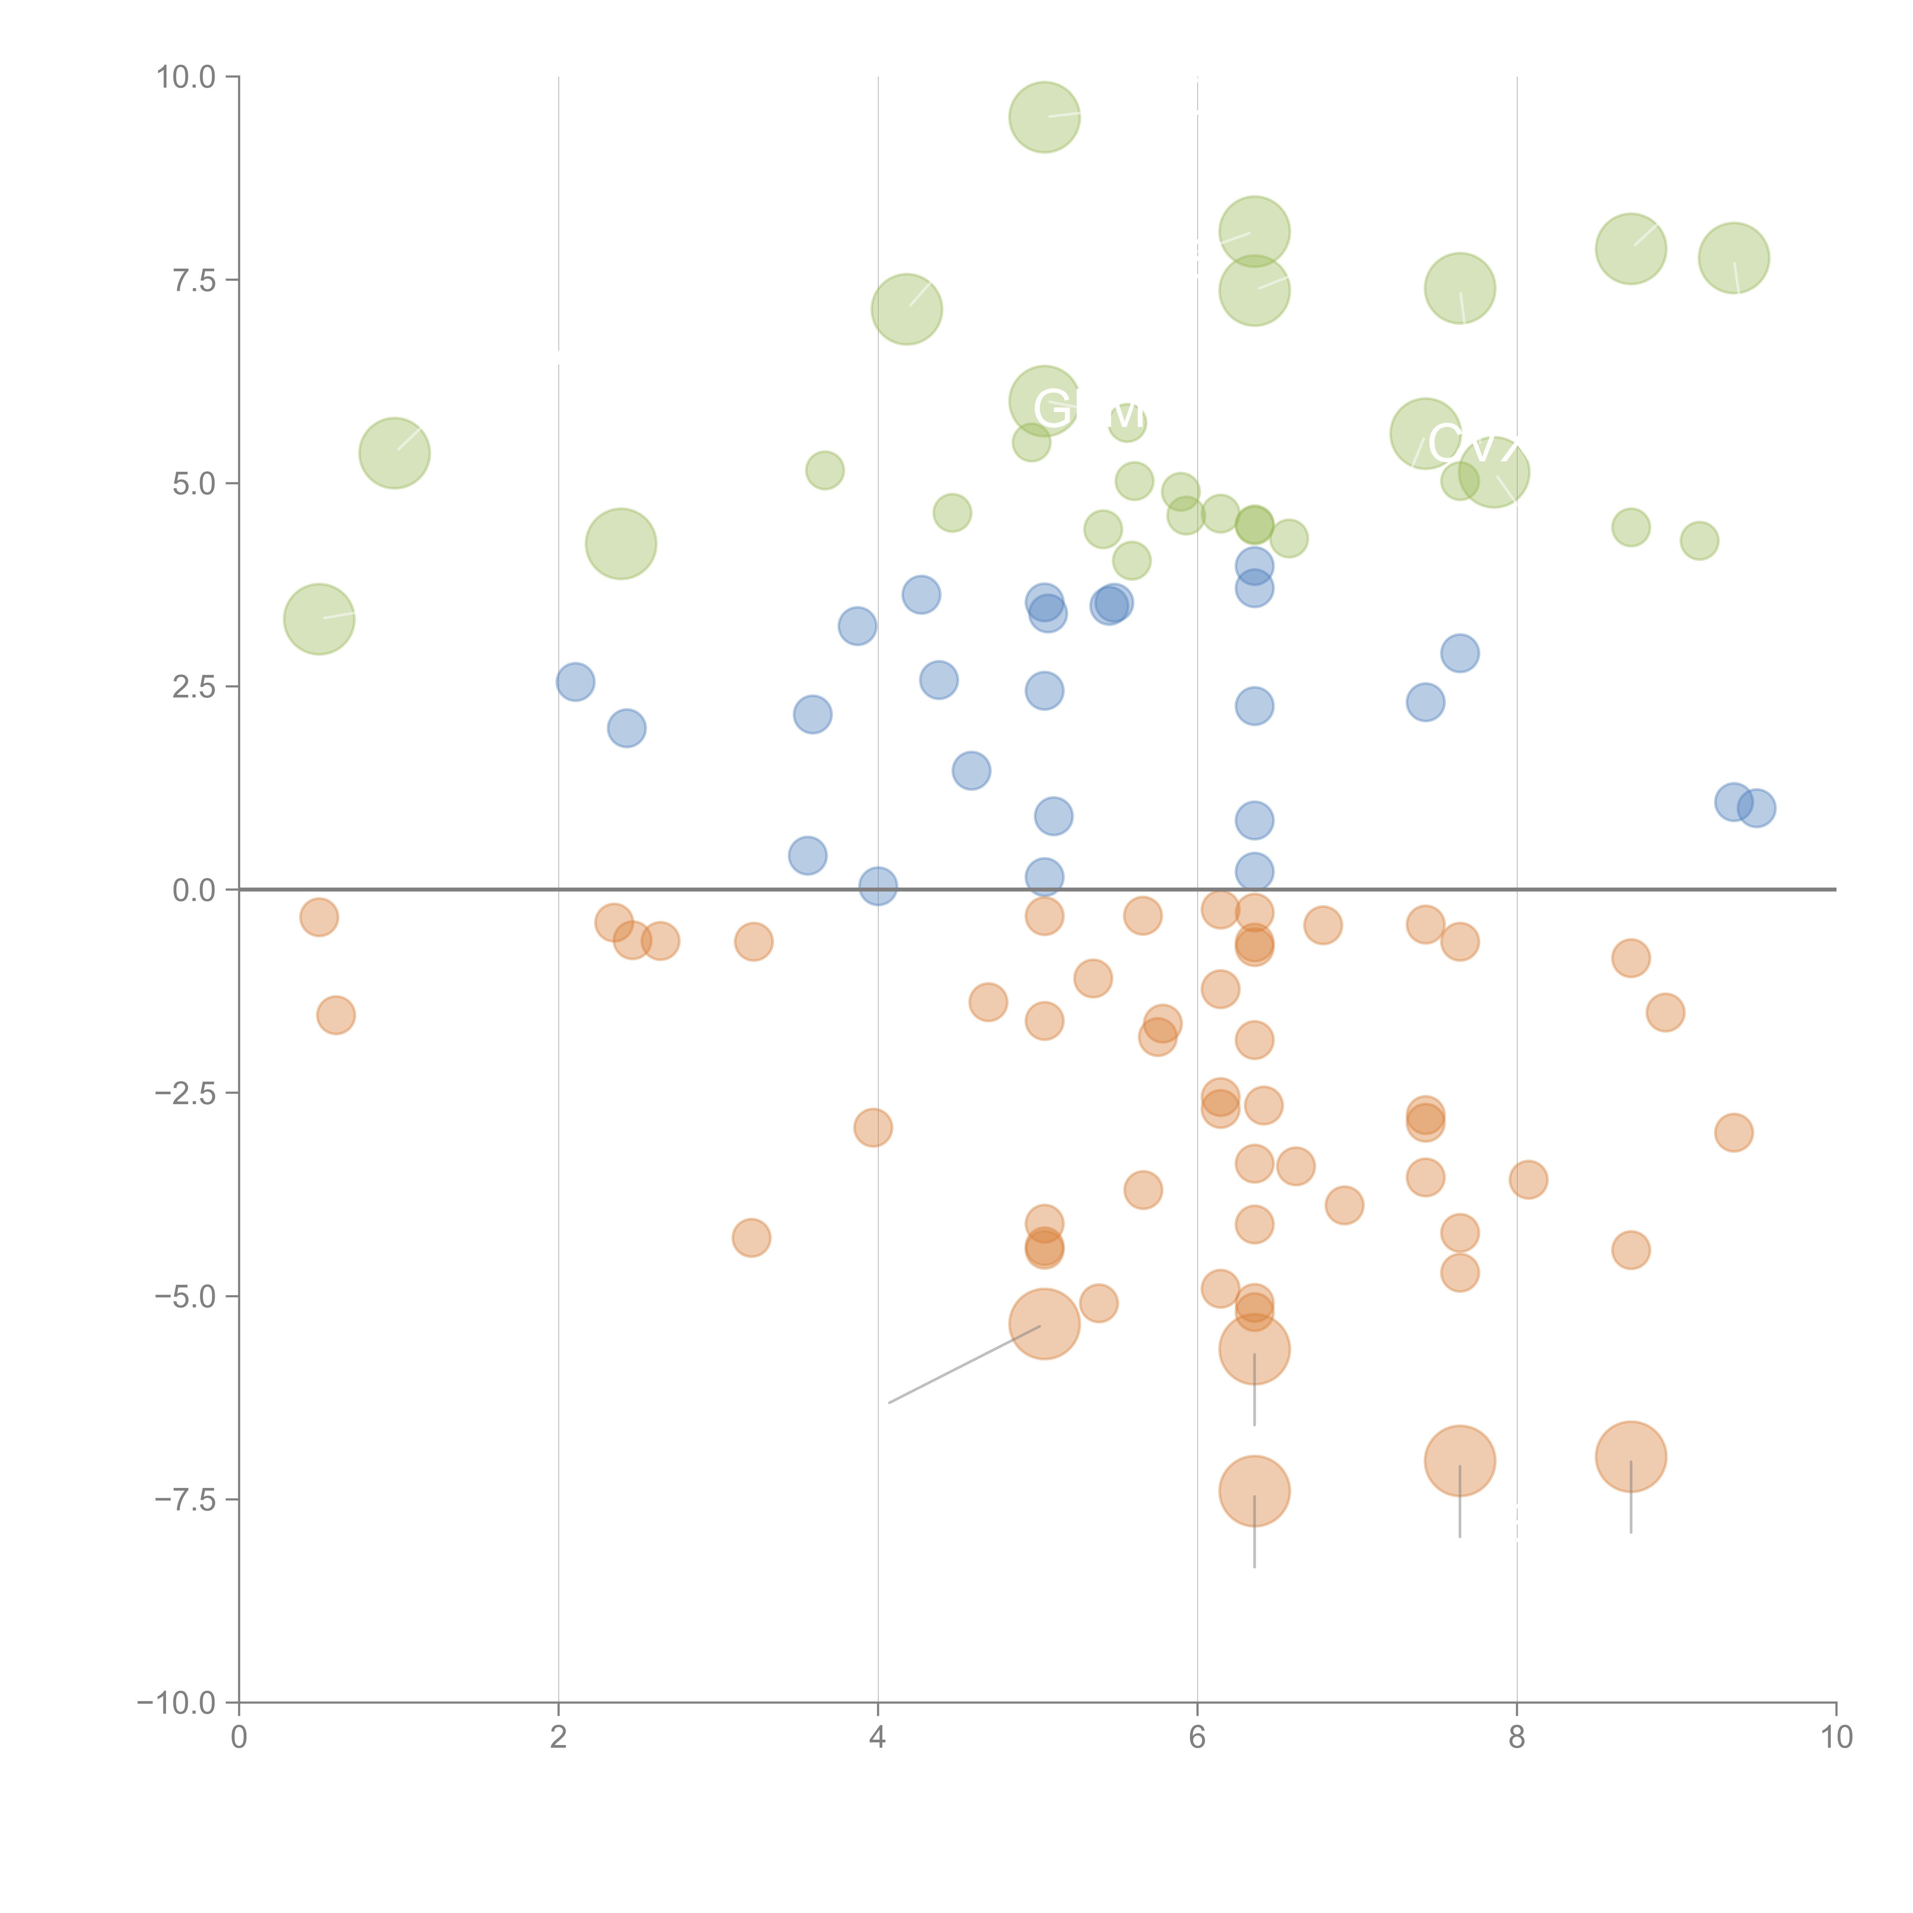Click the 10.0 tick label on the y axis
tap(186, 77)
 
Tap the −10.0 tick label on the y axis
tap(176, 1703)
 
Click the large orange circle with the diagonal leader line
tap(1044, 1324)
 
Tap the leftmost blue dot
tap(575, 682)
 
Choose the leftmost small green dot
tap(825, 470)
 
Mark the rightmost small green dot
tap(1699, 541)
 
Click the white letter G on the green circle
tap(1051, 407)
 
